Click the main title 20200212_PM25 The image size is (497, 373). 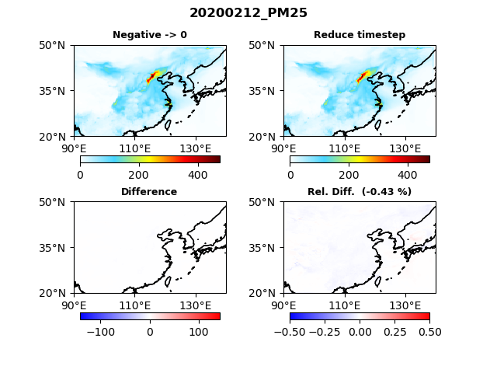click(248, 13)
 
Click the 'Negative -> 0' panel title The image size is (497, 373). click(150, 35)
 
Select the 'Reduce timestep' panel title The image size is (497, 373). click(360, 35)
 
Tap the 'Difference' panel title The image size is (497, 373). click(149, 192)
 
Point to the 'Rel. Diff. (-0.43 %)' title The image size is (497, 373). click(360, 192)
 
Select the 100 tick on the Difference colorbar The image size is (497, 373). click(199, 332)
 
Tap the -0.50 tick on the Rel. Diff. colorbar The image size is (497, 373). click(290, 332)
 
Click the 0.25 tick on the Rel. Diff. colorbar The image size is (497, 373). click(394, 332)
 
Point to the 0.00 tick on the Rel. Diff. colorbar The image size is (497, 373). click(360, 332)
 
